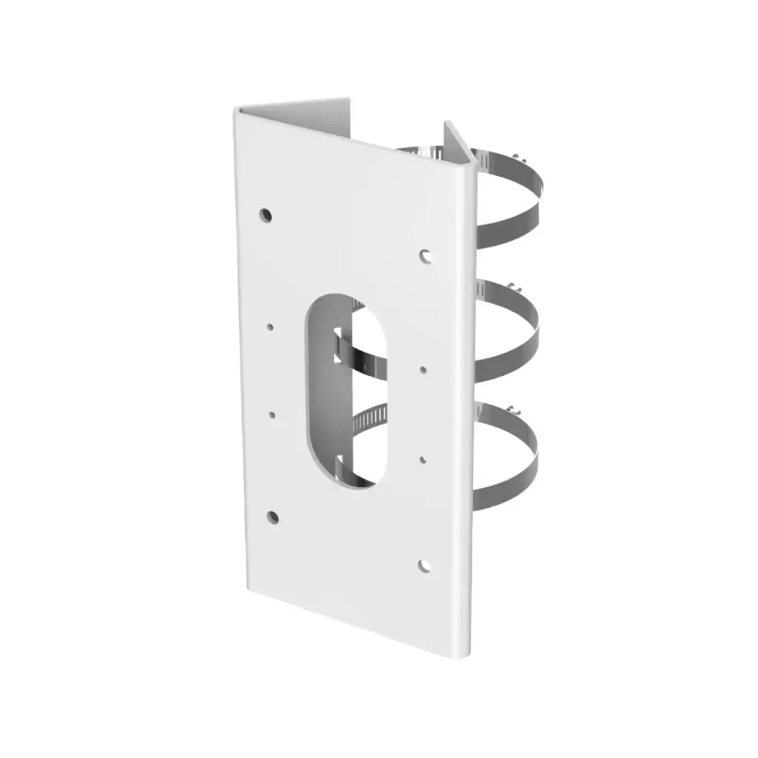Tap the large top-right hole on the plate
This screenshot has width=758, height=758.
pyautogui.click(x=426, y=255)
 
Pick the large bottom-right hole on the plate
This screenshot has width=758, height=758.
pyautogui.click(x=424, y=566)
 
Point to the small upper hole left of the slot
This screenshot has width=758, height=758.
pyautogui.click(x=271, y=326)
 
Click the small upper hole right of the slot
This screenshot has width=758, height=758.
pyautogui.click(x=423, y=368)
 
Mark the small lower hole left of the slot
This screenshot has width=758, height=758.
pyautogui.click(x=272, y=416)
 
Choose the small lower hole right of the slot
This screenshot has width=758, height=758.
pyautogui.click(x=423, y=460)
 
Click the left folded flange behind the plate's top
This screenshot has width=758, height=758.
pyautogui.click(x=296, y=107)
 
